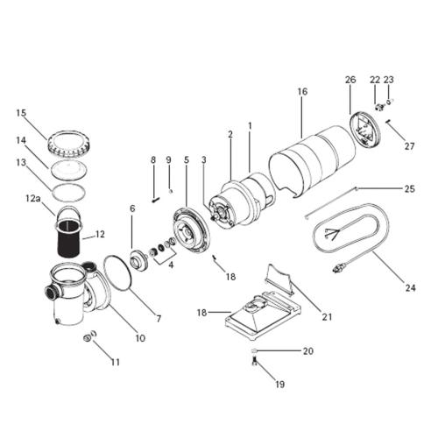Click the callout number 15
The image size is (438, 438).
point(22,112)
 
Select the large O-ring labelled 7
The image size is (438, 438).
point(117,271)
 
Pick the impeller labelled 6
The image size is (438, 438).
point(138,259)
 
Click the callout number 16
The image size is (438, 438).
point(302,90)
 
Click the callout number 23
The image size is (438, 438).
point(389,80)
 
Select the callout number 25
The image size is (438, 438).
point(409,188)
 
